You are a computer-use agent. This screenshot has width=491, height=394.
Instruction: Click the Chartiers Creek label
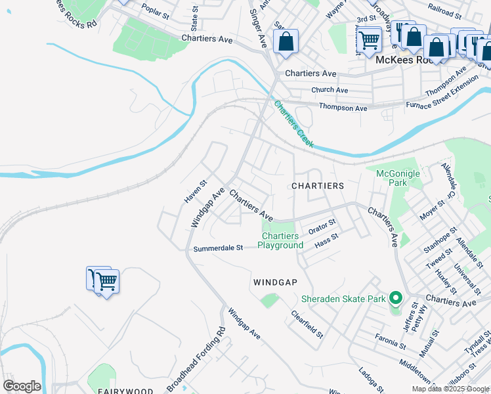pos(294,123)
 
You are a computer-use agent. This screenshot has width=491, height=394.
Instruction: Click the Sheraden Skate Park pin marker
pos(395,299)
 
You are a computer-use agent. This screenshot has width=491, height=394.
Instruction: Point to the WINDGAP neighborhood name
pos(276,282)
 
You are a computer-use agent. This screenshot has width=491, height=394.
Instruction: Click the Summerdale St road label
pos(219,248)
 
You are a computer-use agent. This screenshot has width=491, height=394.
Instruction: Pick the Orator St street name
pos(322,227)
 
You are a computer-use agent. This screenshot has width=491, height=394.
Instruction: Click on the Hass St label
pos(326,241)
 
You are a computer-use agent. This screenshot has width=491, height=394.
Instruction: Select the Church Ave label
pos(330,90)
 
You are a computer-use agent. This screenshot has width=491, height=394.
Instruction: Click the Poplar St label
pos(155,12)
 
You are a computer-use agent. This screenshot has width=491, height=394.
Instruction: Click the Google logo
pos(22,386)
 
